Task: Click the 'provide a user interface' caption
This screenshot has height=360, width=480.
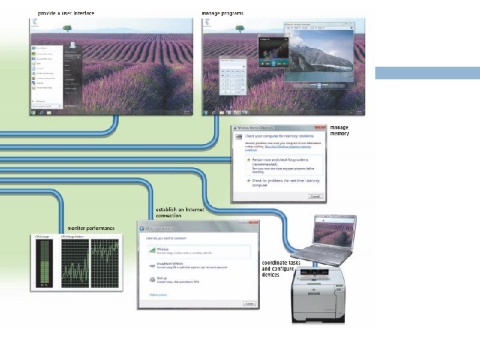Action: [x=66, y=13]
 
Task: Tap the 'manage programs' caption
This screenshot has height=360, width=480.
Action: [x=222, y=13]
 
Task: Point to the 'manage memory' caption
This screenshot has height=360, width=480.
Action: [x=339, y=130]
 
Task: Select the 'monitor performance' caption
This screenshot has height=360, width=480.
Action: [x=91, y=228]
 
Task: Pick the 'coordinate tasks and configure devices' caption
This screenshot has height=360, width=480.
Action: [x=281, y=269]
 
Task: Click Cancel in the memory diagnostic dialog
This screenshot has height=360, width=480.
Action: [x=315, y=196]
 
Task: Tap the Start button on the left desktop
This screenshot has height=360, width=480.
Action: [x=34, y=111]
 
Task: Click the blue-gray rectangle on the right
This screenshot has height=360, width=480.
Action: [x=427, y=73]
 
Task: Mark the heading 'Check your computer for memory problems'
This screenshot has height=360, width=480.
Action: [x=274, y=136]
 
